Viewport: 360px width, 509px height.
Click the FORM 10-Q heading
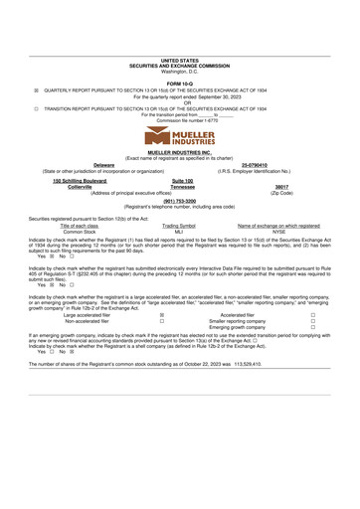point(180,83)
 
